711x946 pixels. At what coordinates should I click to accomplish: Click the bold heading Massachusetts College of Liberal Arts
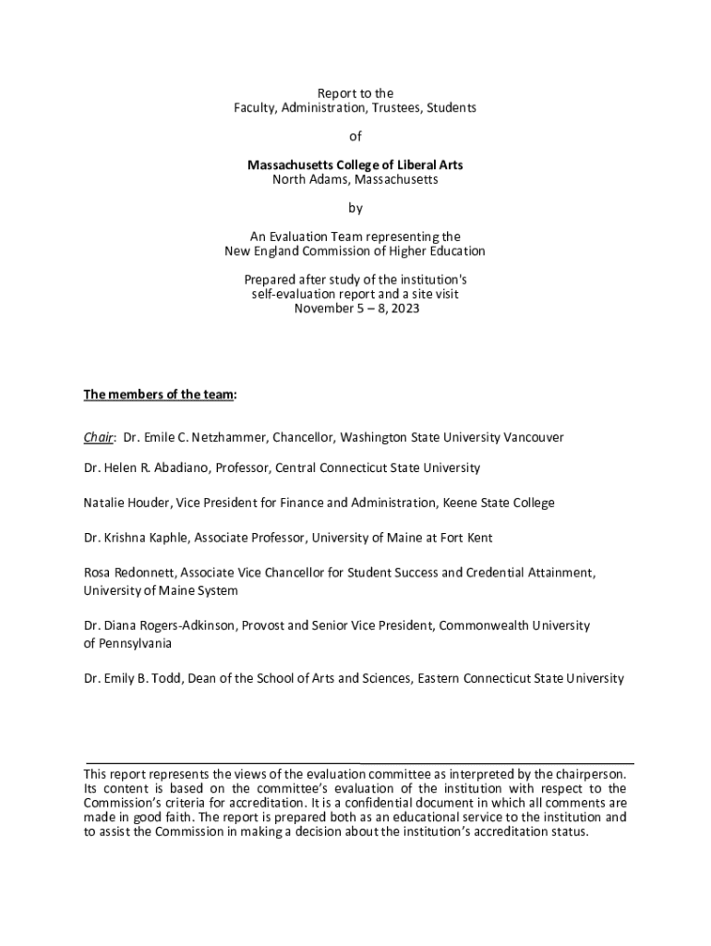point(355,165)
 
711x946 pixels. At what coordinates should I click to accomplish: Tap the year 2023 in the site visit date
point(404,309)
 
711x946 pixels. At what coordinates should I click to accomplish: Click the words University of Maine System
point(161,590)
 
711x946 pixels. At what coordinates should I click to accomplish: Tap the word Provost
point(265,625)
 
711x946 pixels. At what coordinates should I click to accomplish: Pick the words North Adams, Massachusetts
point(355,179)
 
